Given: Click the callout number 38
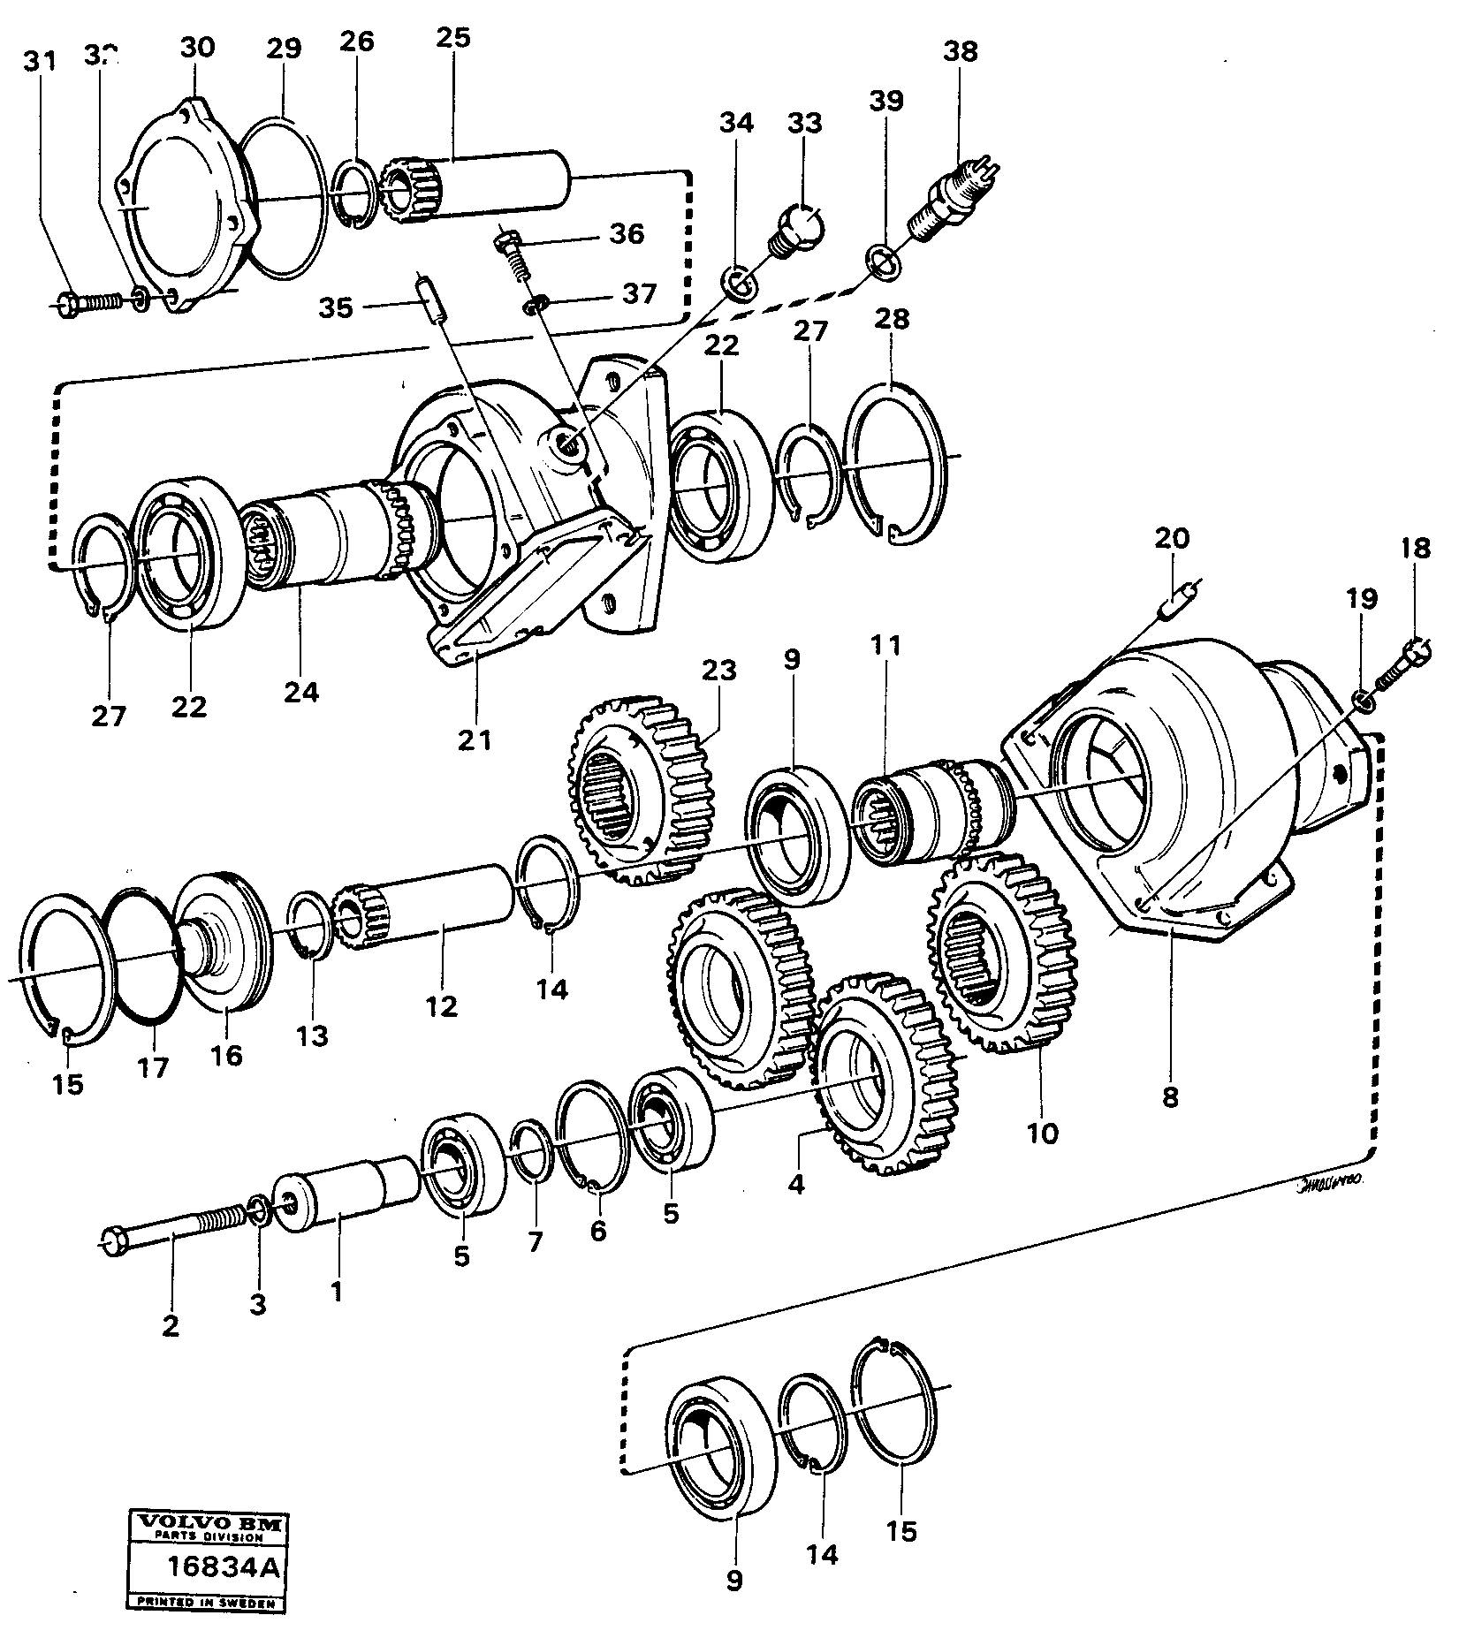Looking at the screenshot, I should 961,52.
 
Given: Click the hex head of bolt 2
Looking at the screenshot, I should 110,1241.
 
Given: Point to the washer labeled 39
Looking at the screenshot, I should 884,262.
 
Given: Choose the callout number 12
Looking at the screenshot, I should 441,1005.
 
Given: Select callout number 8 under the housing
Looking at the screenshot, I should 1170,1098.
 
